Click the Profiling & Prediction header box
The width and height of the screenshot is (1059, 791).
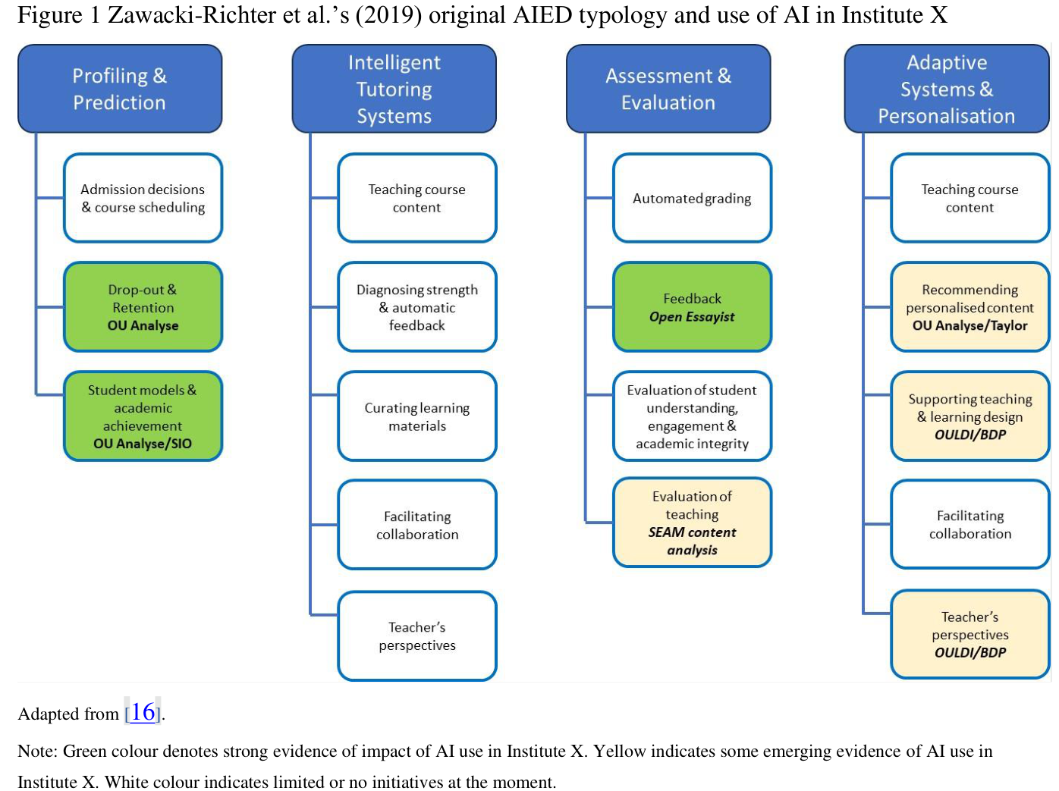pyautogui.click(x=120, y=89)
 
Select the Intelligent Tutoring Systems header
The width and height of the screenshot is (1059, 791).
pyautogui.click(x=394, y=89)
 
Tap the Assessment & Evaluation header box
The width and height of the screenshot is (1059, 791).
pyautogui.click(x=668, y=89)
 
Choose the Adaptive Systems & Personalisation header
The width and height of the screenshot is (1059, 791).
pyautogui.click(x=946, y=89)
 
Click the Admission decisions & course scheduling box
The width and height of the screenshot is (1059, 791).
pyautogui.click(x=143, y=198)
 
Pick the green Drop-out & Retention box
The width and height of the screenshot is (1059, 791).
pyautogui.click(x=143, y=307)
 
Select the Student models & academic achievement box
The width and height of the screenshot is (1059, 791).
pyautogui.click(x=143, y=416)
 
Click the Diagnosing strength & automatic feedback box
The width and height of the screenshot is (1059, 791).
pyautogui.click(x=417, y=307)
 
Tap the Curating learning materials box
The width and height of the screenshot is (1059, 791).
pyautogui.click(x=417, y=416)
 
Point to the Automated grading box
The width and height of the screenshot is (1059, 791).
pyautogui.click(x=692, y=198)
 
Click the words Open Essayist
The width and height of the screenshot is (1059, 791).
pyautogui.click(x=692, y=317)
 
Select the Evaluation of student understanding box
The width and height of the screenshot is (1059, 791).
pyautogui.click(x=692, y=416)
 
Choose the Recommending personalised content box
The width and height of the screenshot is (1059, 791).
pyautogui.click(x=969, y=307)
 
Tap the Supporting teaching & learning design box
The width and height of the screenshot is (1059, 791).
pyautogui.click(x=969, y=416)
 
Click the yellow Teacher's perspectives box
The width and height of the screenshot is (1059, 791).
pyautogui.click(x=969, y=634)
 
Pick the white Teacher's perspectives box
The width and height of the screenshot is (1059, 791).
pyautogui.click(x=417, y=636)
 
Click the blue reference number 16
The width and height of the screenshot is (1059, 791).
pyautogui.click(x=143, y=712)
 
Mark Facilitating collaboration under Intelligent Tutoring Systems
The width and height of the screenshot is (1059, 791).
pyautogui.click(x=417, y=525)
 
